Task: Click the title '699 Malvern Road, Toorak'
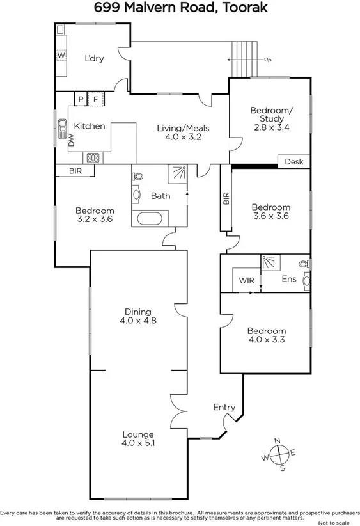180,8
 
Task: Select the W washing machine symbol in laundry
61,56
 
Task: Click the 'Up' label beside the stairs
269,60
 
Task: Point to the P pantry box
81,99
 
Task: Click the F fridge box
96,99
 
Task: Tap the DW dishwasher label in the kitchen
71,141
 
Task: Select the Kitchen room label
89,126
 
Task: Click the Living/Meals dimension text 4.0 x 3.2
183,137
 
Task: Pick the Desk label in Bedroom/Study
294,161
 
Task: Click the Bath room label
160,195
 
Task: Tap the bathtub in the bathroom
151,219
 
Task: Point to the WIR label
247,280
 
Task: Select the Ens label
288,280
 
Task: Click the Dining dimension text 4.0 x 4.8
138,321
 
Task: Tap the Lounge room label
138,434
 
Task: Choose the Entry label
224,407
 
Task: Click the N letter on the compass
278,441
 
